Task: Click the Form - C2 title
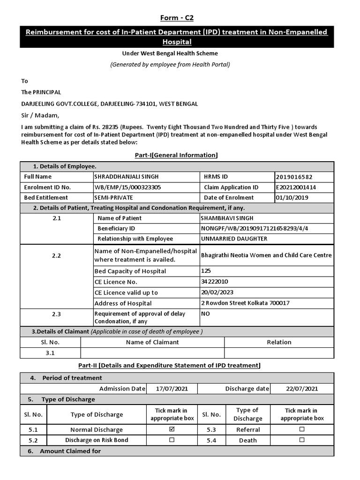pos(177,18)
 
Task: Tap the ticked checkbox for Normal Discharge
pos(172,429)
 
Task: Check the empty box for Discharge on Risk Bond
pos(172,440)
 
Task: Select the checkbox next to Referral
pos(302,429)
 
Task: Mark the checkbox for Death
pos(302,440)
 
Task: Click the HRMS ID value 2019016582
pos(294,177)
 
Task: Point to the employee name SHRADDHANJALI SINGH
pos(127,177)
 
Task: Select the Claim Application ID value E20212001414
pos(296,187)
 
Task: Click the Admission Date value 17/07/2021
pos(172,389)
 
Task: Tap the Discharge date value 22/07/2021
pos(302,389)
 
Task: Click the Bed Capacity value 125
pos(206,271)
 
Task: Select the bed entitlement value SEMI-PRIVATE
pos(114,197)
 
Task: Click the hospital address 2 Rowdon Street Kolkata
pos(245,303)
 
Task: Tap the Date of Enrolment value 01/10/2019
pos(292,197)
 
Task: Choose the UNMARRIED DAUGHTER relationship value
pos(234,239)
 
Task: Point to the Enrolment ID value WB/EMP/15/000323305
pos(127,187)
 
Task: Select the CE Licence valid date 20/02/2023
pos(217,292)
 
